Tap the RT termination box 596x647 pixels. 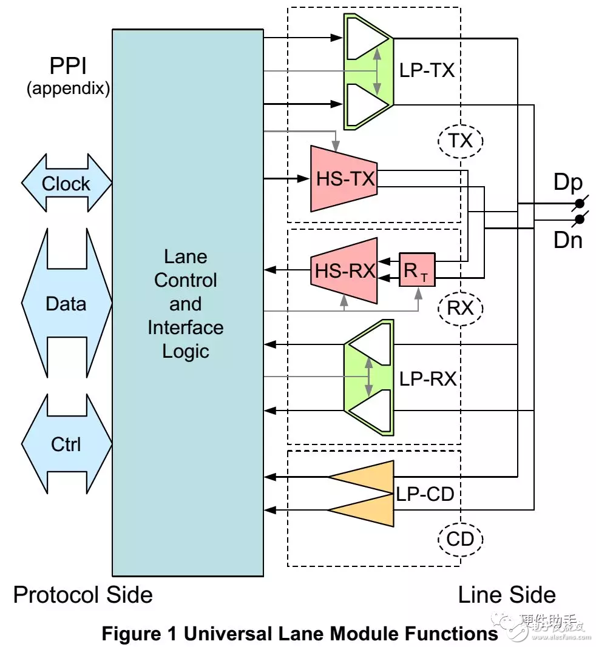coord(416,270)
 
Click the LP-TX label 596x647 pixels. coord(427,71)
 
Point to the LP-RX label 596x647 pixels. coord(427,380)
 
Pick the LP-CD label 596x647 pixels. coord(425,495)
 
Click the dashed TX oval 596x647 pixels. coord(460,141)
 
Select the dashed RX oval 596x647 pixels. coord(460,309)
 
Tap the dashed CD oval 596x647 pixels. coord(460,538)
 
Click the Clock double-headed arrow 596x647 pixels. coord(66,184)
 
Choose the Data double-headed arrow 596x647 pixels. coord(66,303)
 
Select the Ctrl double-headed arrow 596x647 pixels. coord(66,444)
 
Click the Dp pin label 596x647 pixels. coord(568,183)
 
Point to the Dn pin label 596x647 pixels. coord(568,240)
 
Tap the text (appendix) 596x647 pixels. coord(68,89)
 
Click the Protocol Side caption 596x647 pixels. coord(83,594)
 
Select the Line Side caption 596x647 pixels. coord(507,594)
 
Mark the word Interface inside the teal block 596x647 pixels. coord(185,327)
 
